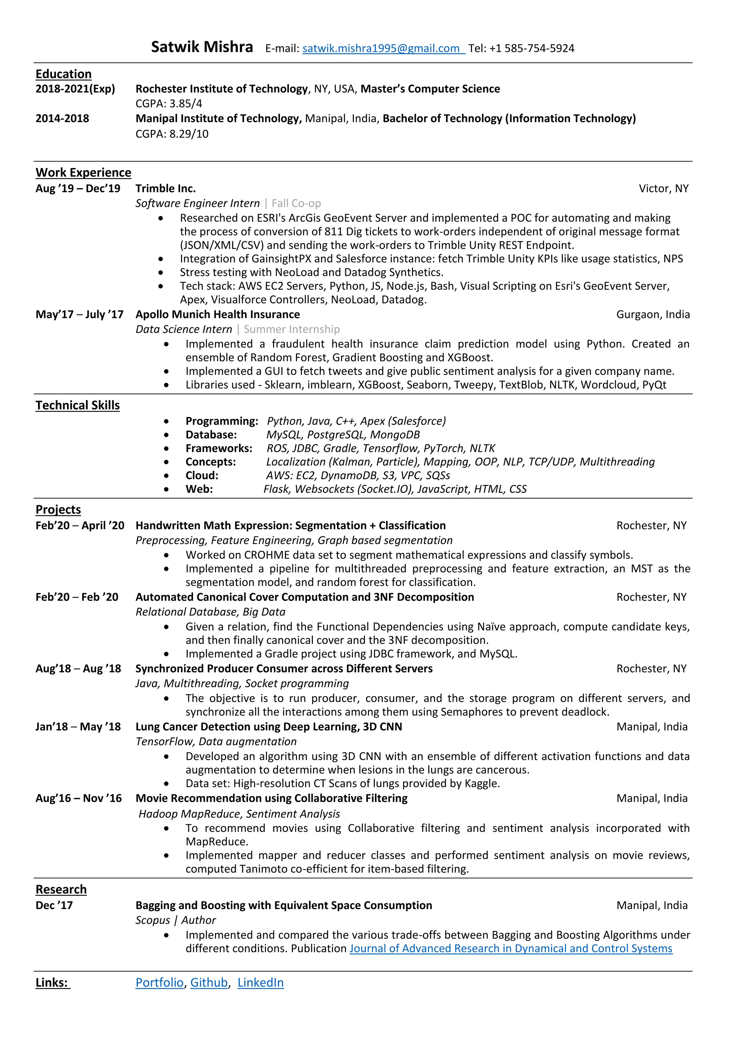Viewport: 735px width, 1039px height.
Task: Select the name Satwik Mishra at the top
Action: (202, 47)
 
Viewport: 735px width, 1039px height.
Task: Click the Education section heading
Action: (64, 74)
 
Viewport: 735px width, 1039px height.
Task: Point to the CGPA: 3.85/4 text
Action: (169, 104)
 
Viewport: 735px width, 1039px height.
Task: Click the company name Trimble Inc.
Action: (166, 188)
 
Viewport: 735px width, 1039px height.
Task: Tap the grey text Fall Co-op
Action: (296, 203)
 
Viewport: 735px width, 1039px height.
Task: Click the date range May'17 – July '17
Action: (79, 314)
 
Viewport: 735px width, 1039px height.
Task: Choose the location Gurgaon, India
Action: (652, 314)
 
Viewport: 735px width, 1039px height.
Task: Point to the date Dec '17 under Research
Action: (54, 905)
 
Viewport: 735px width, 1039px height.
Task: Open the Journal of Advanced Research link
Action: (511, 949)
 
